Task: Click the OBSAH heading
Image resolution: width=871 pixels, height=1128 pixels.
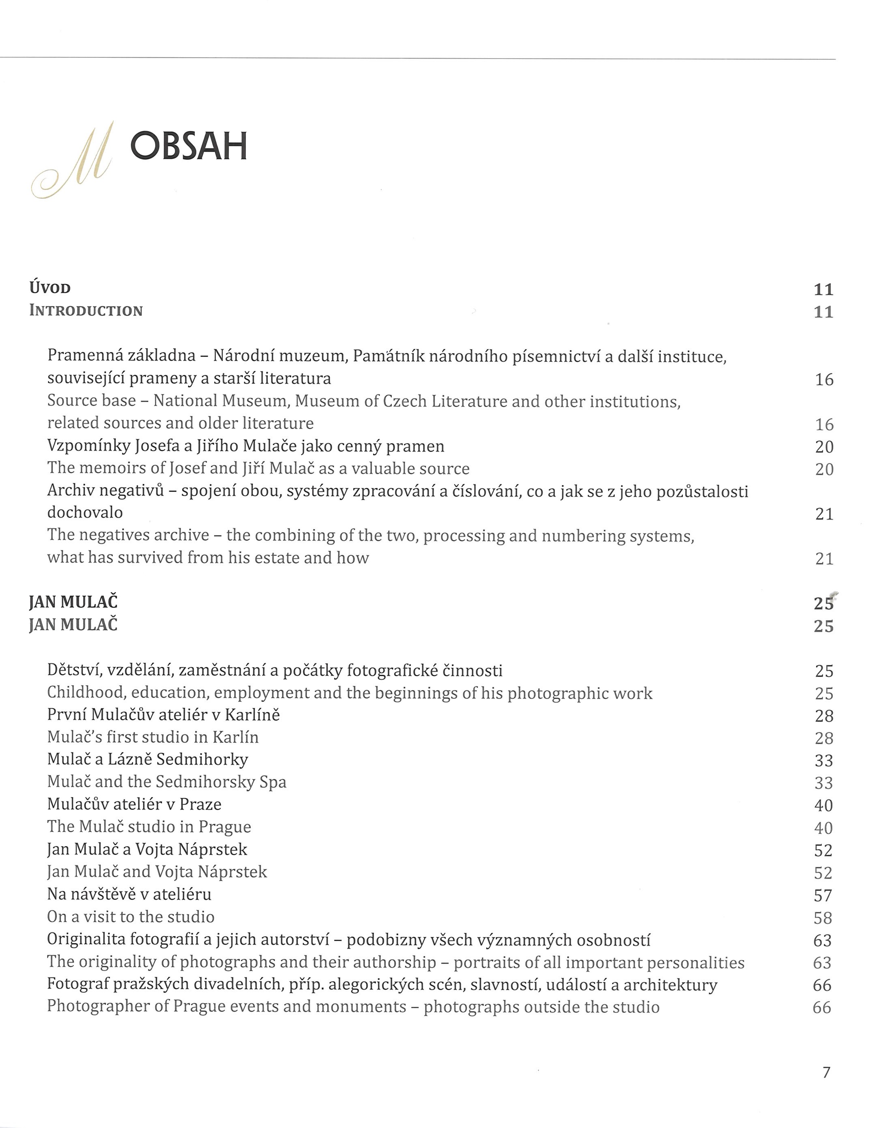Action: pyautogui.click(x=189, y=146)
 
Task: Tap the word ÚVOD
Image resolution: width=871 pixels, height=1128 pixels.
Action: pyautogui.click(x=50, y=287)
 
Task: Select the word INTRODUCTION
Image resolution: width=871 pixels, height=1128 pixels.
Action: pyautogui.click(x=86, y=310)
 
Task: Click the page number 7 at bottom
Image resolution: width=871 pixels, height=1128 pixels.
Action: pyautogui.click(x=826, y=1073)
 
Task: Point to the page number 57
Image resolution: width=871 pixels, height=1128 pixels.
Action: pyautogui.click(x=823, y=895)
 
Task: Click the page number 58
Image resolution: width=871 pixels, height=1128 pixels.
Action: pyautogui.click(x=823, y=918)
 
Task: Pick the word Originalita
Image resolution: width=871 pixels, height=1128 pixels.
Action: pyautogui.click(x=86, y=939)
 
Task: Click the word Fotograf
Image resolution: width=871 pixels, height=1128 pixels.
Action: pyautogui.click(x=78, y=984)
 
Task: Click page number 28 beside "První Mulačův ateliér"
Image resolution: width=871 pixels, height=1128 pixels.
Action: pyautogui.click(x=824, y=716)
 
